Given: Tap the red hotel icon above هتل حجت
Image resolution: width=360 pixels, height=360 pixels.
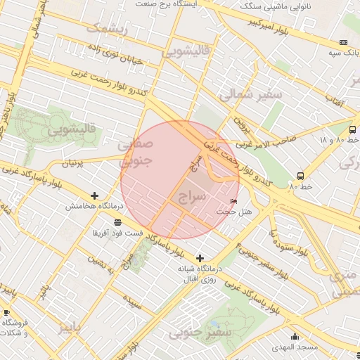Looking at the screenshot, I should point(234,202).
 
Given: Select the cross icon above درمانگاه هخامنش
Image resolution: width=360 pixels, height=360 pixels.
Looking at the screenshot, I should point(95,195).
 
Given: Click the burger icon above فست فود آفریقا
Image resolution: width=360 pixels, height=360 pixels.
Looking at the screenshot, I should point(116,222).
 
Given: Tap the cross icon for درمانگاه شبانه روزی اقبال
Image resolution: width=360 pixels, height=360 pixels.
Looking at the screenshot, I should point(200,258).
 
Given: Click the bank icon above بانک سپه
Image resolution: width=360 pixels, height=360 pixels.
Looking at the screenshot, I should point(344,41).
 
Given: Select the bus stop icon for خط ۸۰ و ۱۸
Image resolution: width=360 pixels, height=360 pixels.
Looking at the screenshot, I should point(352,129).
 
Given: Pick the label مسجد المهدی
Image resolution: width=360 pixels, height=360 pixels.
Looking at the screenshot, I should point(295,347).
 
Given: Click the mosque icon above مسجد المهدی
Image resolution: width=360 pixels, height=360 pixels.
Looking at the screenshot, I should point(295,336).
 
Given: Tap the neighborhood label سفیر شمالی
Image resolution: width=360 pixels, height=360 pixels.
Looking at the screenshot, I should point(251,94).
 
